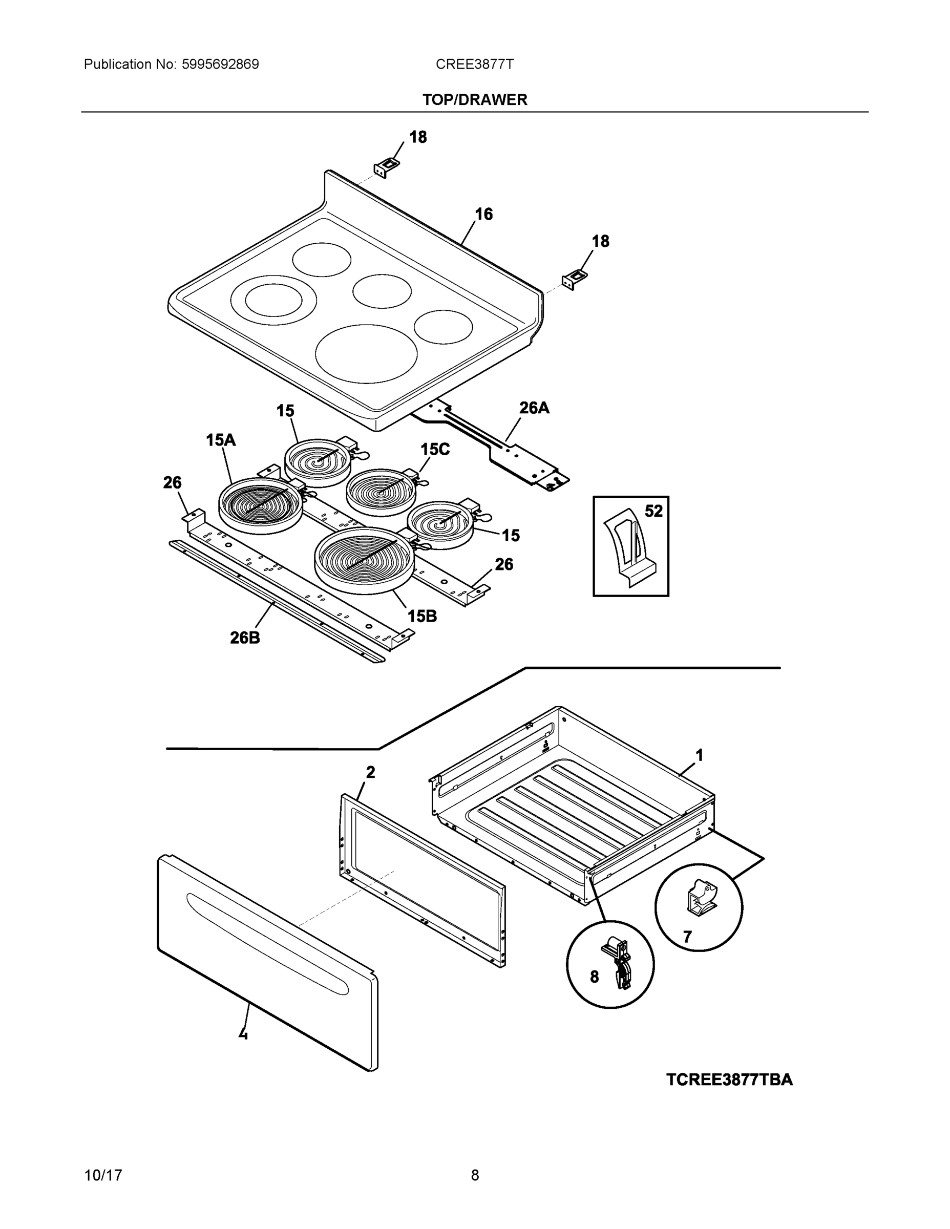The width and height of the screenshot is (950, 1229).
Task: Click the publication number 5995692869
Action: [x=220, y=64]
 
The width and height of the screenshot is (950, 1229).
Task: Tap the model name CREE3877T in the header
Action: [x=474, y=64]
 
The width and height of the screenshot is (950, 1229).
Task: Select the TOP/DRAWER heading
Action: [x=474, y=100]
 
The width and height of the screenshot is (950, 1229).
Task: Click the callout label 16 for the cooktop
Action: [x=483, y=215]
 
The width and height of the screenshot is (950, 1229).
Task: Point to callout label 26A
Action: [x=534, y=408]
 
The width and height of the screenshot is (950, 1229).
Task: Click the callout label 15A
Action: [x=221, y=440]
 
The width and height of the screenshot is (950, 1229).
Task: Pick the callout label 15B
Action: [x=422, y=616]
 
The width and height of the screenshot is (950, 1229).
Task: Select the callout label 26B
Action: [x=245, y=638]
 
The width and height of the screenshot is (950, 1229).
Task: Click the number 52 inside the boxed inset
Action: [x=653, y=511]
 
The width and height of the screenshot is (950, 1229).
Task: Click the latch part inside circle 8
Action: [x=620, y=962]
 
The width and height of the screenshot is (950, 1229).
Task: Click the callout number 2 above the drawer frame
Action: [x=370, y=773]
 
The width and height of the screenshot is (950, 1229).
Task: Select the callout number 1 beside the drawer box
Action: [x=700, y=755]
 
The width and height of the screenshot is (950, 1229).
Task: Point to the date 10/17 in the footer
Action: [x=103, y=1176]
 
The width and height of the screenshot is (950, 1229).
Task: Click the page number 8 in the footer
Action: [x=475, y=1176]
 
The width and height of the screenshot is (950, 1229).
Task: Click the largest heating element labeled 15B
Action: [x=364, y=560]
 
